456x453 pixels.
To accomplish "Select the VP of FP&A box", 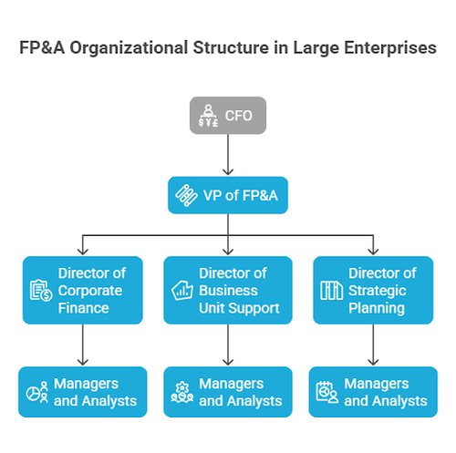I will click(x=228, y=195).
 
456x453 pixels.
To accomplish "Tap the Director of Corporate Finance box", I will click(x=84, y=290).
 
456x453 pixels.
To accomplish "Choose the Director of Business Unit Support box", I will click(x=228, y=290).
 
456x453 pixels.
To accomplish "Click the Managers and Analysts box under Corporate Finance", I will click(x=84, y=392).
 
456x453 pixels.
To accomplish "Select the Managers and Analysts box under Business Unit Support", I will click(x=228, y=392).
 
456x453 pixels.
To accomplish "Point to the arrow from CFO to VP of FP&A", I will click(x=228, y=155).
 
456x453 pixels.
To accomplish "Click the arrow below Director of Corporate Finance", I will click(x=84, y=345).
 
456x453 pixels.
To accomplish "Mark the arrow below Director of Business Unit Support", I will click(x=228, y=345).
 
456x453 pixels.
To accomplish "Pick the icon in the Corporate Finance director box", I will click(x=40, y=291).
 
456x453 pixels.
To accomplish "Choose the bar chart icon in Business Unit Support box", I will click(x=181, y=291).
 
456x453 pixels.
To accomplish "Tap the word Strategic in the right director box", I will click(x=377, y=290).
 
